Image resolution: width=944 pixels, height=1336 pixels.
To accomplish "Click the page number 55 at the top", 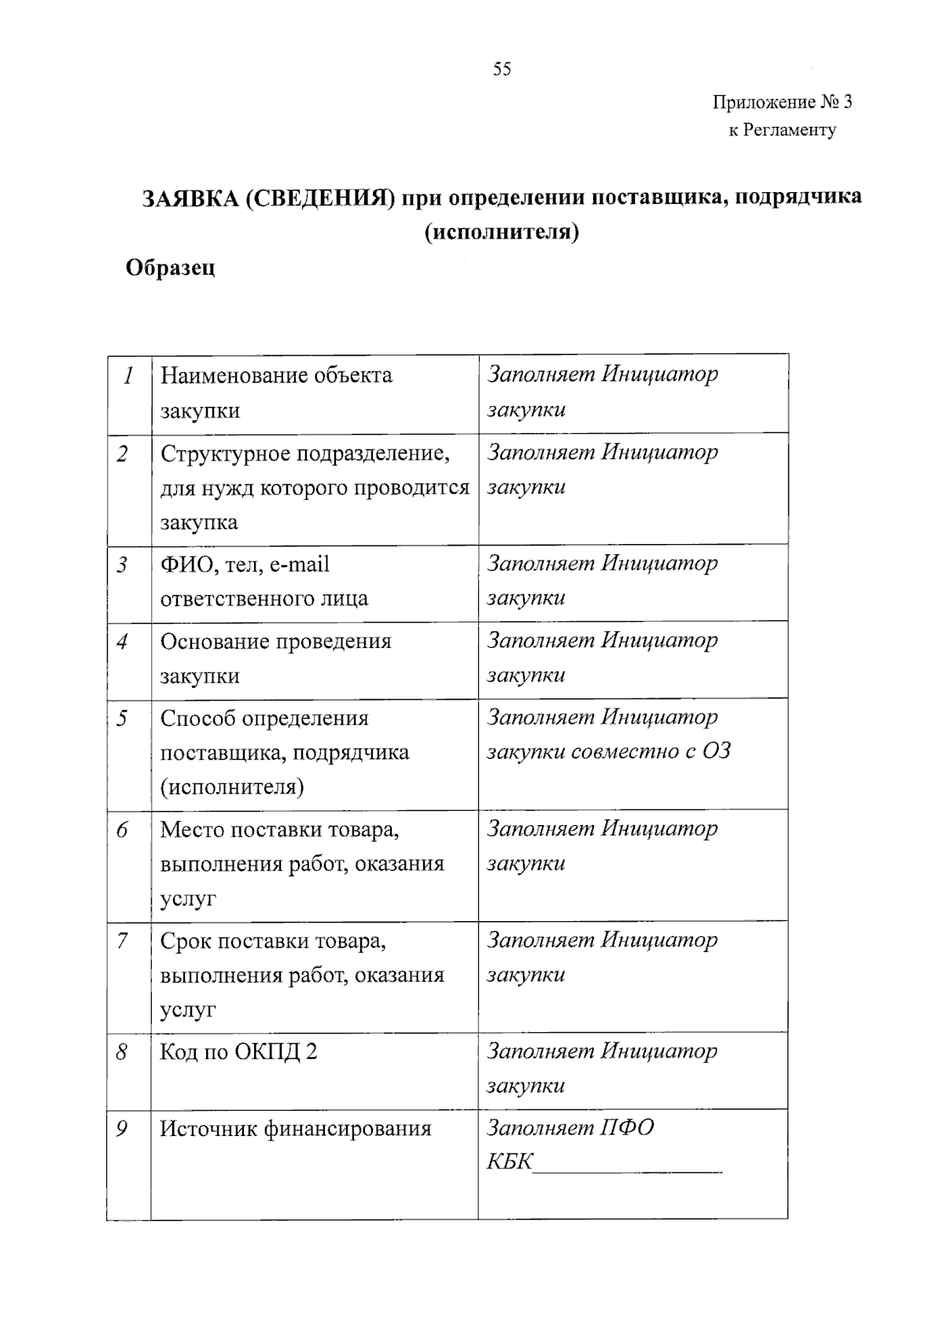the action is (x=502, y=69).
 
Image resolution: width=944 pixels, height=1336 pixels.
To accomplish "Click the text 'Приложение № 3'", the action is (x=782, y=102).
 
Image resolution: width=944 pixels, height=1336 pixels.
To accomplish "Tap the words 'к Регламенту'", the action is (x=782, y=130).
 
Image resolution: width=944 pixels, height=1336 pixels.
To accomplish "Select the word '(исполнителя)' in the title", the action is (x=502, y=233).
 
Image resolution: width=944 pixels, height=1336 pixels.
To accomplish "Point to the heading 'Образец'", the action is (x=171, y=268).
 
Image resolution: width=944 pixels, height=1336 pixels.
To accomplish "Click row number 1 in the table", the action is (x=128, y=376).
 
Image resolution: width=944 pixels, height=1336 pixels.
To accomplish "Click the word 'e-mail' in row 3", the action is (x=299, y=564).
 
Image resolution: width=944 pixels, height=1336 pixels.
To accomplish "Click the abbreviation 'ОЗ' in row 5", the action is (x=717, y=751).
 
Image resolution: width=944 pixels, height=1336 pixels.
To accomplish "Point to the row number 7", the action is (x=123, y=941).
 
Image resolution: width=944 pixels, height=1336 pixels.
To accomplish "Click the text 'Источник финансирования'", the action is (x=296, y=1129).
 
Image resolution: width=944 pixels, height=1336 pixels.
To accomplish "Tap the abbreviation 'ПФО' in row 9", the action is (x=628, y=1128).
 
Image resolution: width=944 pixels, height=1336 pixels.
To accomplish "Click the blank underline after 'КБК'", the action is (x=628, y=1165).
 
